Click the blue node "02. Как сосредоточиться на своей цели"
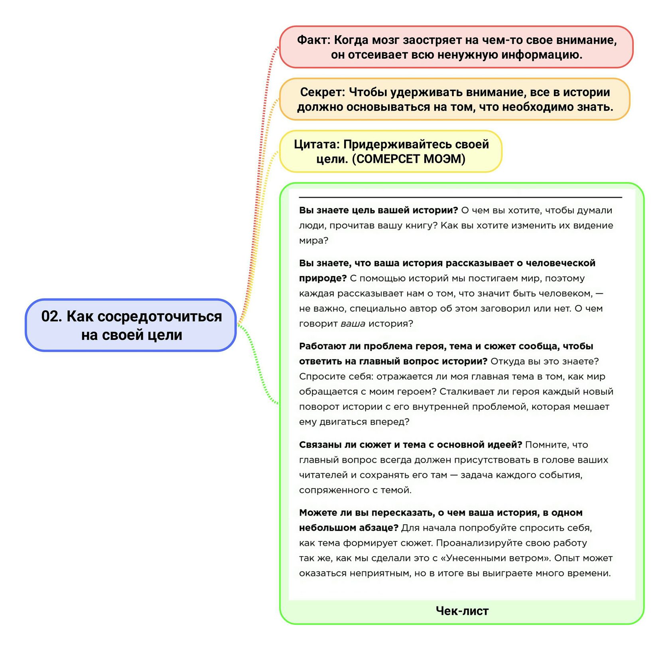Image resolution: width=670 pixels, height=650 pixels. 131,325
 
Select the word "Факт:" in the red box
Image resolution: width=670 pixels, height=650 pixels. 314,40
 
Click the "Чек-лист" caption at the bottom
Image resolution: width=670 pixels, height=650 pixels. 462,611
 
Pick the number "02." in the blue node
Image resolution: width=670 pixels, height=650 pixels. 52,316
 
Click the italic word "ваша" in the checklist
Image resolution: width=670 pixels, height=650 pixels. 353,324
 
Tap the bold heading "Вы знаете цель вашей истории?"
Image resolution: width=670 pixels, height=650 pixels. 378,210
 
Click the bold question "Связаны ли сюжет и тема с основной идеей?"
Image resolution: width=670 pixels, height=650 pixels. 410,445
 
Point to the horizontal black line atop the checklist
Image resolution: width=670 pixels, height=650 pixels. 460,197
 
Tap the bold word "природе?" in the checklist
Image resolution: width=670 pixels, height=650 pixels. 323,279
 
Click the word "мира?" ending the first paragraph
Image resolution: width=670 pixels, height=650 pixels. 313,241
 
